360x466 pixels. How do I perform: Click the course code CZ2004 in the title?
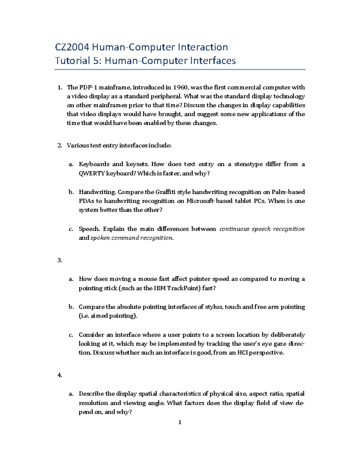[72, 47]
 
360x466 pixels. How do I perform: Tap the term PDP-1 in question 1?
[88, 87]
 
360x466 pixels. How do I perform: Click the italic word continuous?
[234, 229]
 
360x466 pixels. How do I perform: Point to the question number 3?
[59, 260]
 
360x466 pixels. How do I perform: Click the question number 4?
[59, 375]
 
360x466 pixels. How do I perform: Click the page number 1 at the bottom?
[180, 422]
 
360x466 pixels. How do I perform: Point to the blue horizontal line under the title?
[180, 70]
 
